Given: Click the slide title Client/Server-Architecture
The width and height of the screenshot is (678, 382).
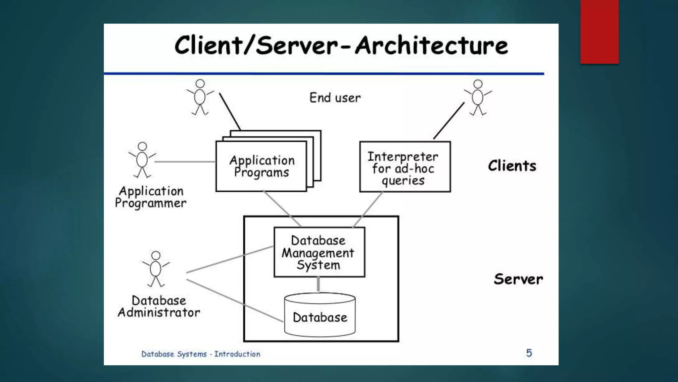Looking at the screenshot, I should pos(341,45).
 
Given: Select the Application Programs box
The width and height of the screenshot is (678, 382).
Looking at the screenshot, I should pos(261,166).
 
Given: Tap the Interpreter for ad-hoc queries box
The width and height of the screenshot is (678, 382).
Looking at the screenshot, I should pos(405,167).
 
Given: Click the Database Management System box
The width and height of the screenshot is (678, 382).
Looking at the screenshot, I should pos(319,252).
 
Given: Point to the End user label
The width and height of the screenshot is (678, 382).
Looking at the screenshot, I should pos(335,98).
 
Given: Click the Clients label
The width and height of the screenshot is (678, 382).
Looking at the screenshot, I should pos(512,166).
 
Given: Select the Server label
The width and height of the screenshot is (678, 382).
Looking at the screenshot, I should pos(518,279).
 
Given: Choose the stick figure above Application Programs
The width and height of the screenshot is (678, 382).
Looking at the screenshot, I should pos(200,97).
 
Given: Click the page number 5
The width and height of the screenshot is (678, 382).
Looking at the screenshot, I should pos(529,353).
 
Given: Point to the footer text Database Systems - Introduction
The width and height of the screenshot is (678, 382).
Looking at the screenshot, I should pos(201,354).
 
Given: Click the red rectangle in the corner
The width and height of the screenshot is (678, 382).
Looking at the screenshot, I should pos(599,32).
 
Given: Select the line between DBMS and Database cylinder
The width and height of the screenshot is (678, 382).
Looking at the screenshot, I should pos(318,285).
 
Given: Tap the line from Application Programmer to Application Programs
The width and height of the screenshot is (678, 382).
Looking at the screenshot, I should pos(185,162).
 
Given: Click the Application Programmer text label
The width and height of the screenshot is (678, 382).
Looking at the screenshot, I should pos(151,197).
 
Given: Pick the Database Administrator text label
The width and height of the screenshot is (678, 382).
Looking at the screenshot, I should pos(159,306).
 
